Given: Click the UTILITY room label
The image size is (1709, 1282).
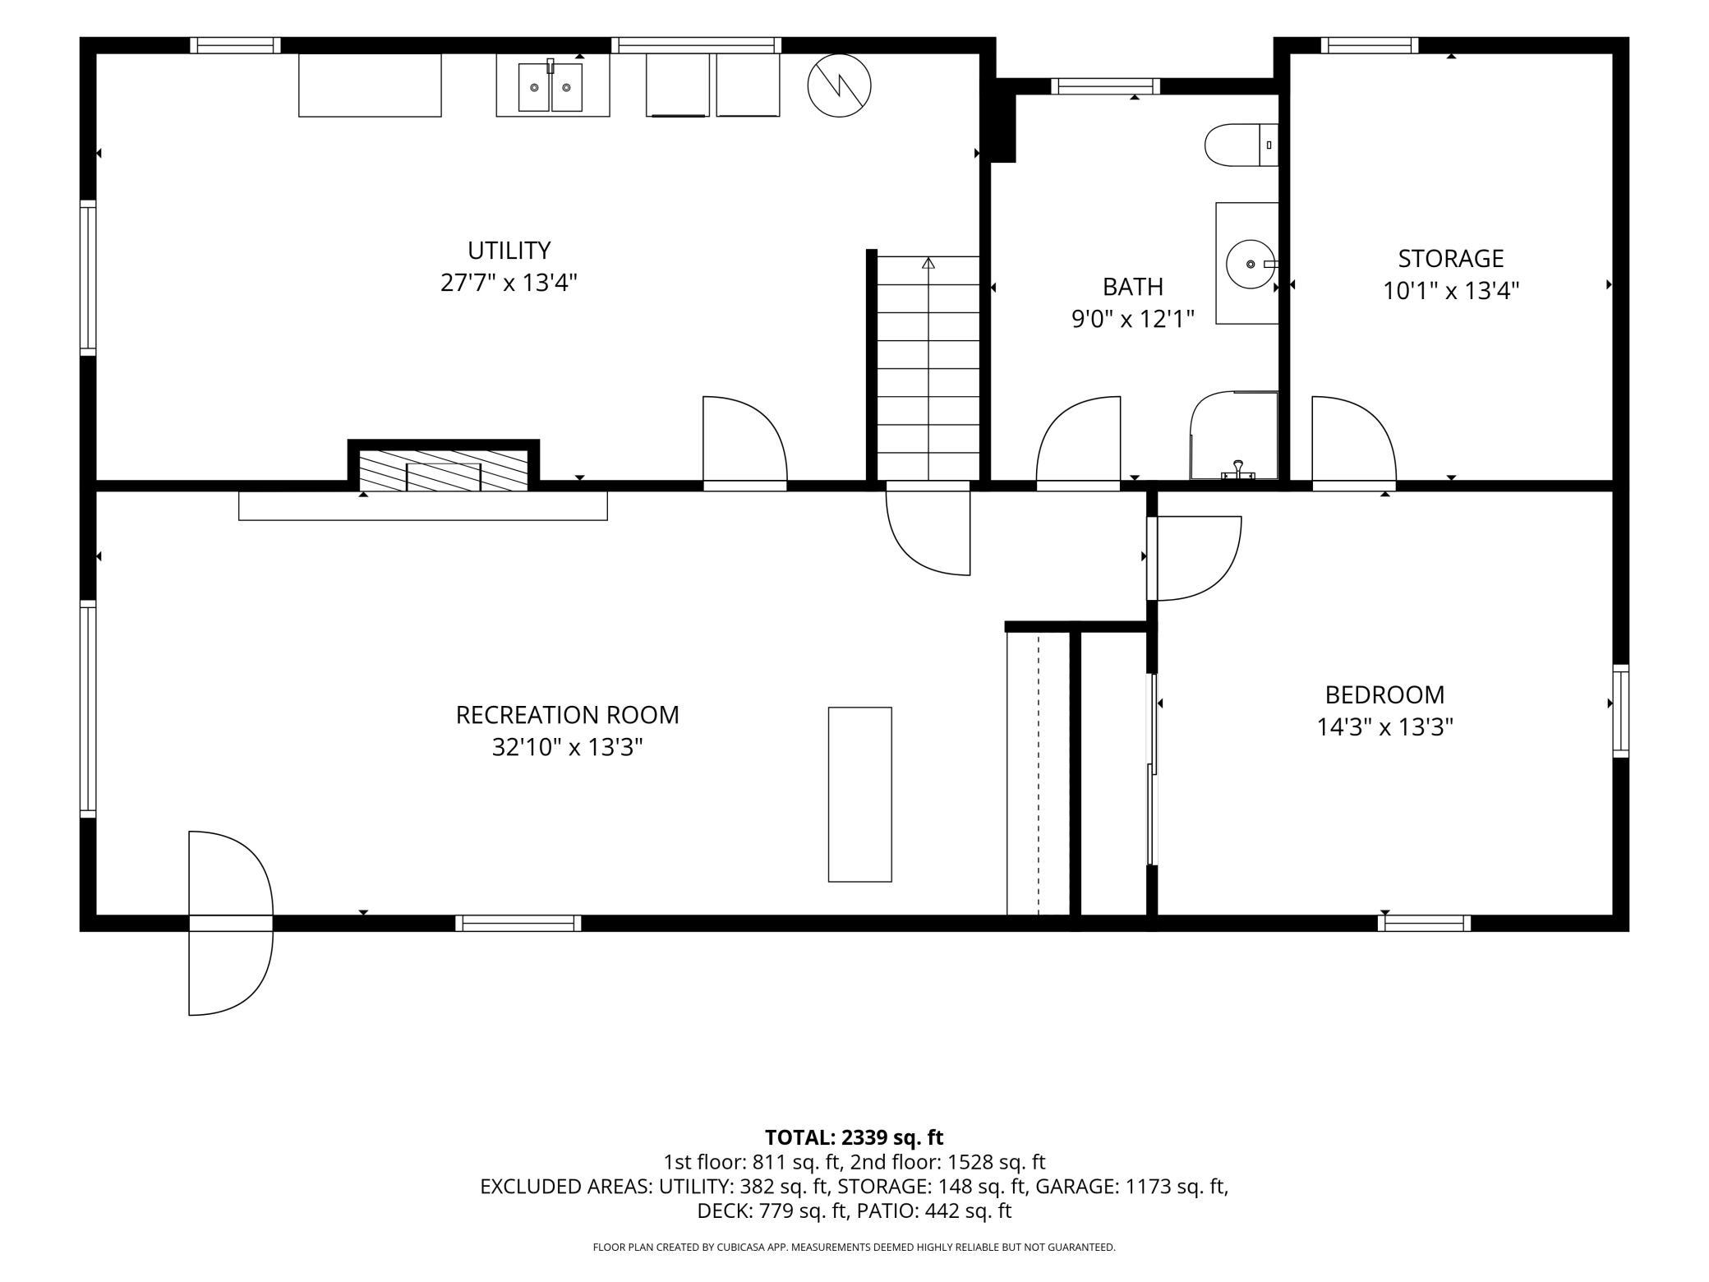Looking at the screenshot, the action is (x=509, y=250).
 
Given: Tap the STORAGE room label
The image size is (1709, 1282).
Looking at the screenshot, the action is (x=1451, y=258).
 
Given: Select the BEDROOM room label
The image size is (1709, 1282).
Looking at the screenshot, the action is (x=1384, y=694).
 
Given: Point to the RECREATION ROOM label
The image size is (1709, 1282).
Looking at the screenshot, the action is (x=567, y=714).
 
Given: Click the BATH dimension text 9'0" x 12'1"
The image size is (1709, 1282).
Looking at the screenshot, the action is (x=1133, y=318).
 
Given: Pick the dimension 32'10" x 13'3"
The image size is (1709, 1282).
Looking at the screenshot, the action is (x=567, y=747).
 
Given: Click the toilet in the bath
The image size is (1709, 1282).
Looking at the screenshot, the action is (x=1241, y=145).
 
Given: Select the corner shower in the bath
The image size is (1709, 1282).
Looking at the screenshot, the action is (x=1234, y=436).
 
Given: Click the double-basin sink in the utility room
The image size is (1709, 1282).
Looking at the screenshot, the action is (x=550, y=87).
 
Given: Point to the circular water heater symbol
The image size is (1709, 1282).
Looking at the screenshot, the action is (x=839, y=85).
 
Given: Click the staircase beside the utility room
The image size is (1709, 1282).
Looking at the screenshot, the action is (x=928, y=368).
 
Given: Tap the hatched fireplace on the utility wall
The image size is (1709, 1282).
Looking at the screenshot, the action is (x=444, y=470).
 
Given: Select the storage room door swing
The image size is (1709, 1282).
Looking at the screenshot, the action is (x=1353, y=439).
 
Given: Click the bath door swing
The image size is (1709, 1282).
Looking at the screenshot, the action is (x=1078, y=439).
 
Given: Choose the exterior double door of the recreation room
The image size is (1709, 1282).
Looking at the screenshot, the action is (x=231, y=923).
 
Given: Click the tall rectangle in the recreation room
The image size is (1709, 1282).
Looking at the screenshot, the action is (x=859, y=794).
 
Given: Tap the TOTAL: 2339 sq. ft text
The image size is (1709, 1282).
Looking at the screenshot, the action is (x=854, y=1137).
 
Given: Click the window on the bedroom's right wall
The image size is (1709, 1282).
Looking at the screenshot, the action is (x=1620, y=710).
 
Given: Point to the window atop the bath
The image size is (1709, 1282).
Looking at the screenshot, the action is (x=1106, y=86).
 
